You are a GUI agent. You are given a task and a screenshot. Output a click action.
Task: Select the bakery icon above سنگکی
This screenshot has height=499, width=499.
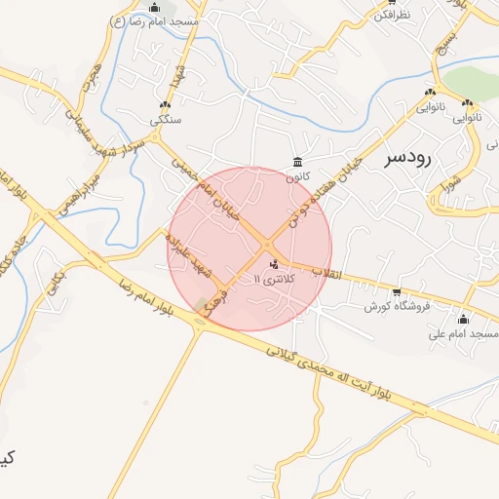164,105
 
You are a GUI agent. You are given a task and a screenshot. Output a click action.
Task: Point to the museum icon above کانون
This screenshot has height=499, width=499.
296,163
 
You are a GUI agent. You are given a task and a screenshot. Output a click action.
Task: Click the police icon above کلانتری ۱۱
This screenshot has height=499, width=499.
274,263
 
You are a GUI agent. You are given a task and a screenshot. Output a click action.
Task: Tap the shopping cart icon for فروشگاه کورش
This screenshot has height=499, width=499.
397,292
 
